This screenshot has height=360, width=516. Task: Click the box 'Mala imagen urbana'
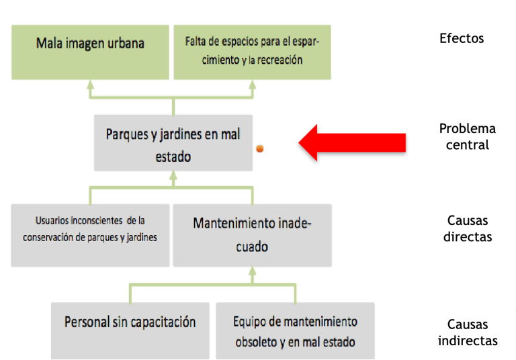coord(90,52)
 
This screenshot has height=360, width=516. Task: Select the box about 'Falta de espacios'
coord(253,52)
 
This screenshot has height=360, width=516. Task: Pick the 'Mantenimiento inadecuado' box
coord(251,234)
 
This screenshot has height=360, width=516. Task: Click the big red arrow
coord(352,142)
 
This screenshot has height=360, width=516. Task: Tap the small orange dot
coord(259,149)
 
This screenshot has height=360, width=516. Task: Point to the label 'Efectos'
coord(461,38)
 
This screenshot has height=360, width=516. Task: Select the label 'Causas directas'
coord(468,228)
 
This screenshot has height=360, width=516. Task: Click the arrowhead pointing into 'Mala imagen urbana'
coord(91,86)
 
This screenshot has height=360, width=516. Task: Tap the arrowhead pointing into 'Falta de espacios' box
coord(253,86)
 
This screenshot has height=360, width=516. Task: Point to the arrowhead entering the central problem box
coord(173,177)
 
